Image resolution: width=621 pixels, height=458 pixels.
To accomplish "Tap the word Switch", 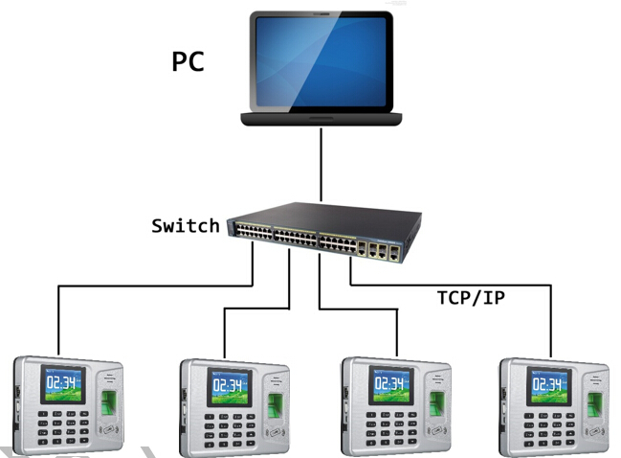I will coord(186,226).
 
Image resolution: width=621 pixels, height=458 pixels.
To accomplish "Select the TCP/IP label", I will coord(471,297).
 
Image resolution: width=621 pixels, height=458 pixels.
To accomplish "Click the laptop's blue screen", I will coord(322,61).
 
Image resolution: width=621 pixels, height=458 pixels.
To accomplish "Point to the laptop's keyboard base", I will coord(322,119).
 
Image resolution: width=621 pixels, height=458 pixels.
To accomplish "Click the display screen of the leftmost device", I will coord(62,386).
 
